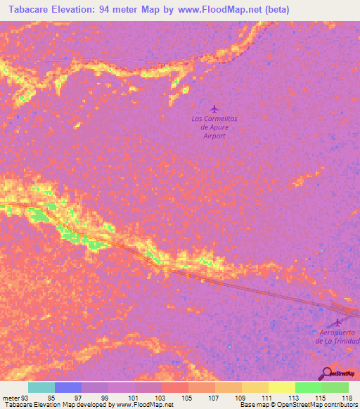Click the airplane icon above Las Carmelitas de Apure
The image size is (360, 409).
click(x=214, y=108)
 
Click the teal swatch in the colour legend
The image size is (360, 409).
click(x=41, y=387)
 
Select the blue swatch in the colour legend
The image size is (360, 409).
click(x=67, y=387)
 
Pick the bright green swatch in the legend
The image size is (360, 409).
click(x=308, y=387)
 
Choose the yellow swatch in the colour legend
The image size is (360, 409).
click(x=281, y=387)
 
